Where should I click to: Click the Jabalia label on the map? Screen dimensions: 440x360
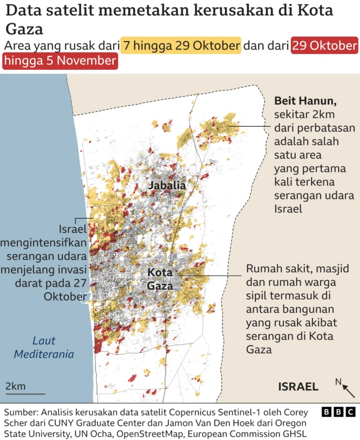pos(167,185)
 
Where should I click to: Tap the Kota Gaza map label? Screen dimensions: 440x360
pos(160,279)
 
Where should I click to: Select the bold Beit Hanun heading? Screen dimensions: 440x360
pos(305,101)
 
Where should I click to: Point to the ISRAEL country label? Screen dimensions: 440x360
pos(298,387)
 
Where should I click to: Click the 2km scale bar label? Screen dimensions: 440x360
pos(16,386)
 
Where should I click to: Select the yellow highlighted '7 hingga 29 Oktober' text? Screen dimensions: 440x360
pos(182,46)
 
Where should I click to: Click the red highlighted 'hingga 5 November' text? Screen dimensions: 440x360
pos(60,61)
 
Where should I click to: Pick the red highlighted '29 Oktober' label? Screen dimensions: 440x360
pos(324,46)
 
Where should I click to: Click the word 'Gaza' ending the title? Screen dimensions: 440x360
pos(24,29)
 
